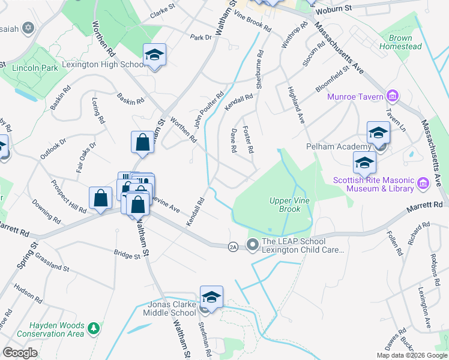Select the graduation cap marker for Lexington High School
154,56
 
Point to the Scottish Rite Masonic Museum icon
421,182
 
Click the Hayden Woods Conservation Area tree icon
94,328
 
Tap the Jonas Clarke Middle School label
172,308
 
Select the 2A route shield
234,246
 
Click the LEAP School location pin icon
253,244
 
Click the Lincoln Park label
34,68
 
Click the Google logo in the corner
20,353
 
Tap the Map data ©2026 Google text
412,355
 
